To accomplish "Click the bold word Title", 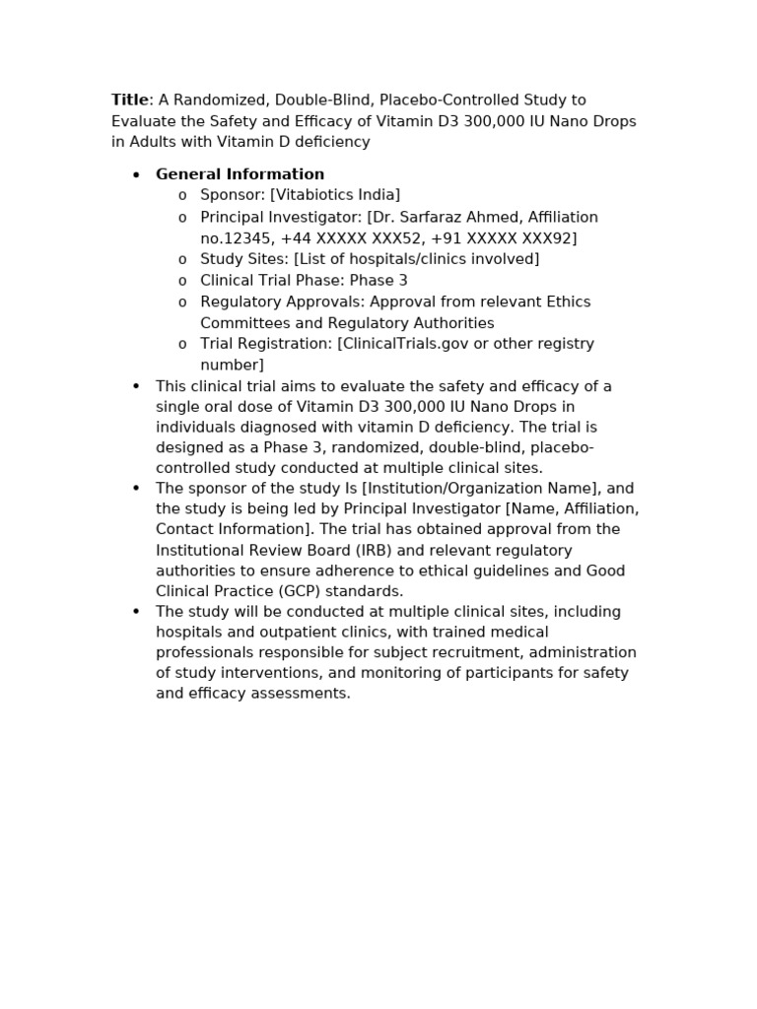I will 129,101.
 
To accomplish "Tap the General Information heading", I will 240,174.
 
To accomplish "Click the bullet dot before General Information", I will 137,175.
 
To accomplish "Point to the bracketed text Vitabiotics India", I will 335,195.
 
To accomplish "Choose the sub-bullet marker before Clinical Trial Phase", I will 182,281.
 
